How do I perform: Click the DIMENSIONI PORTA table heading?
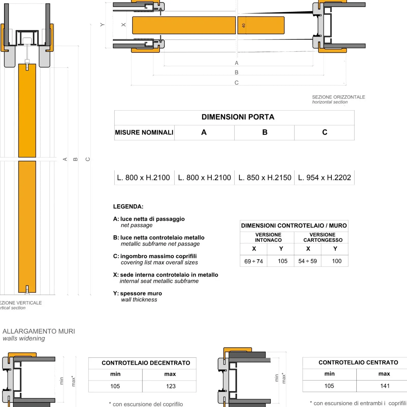pos(238,117)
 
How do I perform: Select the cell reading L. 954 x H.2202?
pos(324,178)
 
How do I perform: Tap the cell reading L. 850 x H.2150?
pos(265,178)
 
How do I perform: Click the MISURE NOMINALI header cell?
pos(144,133)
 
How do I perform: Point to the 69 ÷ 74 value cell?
pos(254,261)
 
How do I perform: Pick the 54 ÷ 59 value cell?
pos(308,261)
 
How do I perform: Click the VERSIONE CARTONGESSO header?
pos(323,237)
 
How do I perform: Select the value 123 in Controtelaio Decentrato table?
pos(171,386)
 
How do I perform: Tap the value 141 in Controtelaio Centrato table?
pos(385,386)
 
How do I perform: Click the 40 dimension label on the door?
pos(243,25)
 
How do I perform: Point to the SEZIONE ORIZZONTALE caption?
pos(338,97)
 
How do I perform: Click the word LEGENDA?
pos(128,207)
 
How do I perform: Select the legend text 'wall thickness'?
pos(139,300)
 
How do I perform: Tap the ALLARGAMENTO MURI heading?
pos(39,331)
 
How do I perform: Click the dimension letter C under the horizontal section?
pos(237,83)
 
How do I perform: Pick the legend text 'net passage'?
pos(137,225)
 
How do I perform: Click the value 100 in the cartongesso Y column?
pos(337,261)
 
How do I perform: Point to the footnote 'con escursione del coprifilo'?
pos(148,404)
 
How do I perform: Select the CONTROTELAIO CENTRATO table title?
pos(358,362)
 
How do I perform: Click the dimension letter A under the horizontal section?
pos(237,63)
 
